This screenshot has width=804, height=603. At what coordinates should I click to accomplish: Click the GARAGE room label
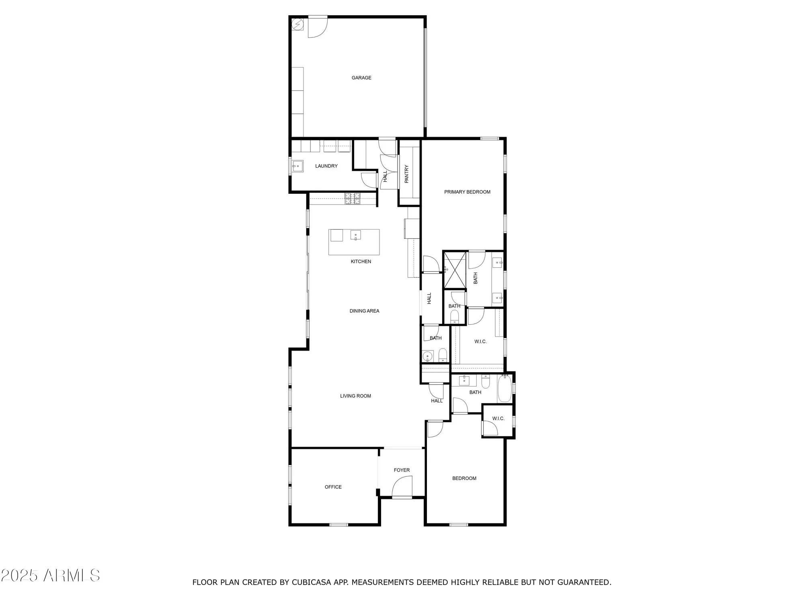tap(361, 78)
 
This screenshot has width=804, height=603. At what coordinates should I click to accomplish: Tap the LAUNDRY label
tap(326, 166)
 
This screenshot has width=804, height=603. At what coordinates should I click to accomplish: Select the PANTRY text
tap(406, 174)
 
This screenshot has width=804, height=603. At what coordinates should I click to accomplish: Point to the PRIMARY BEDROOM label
tap(467, 192)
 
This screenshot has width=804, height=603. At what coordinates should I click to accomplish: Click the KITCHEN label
tap(361, 262)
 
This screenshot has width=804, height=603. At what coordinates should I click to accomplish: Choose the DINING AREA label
tap(364, 311)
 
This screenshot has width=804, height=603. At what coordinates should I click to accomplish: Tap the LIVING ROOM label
tap(355, 396)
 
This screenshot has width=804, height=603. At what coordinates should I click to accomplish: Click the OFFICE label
tap(333, 487)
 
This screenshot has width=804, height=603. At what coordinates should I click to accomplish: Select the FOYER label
tap(402, 470)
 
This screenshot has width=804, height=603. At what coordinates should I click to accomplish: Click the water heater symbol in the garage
tap(297, 25)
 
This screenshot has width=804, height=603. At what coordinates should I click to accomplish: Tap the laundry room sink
tap(297, 166)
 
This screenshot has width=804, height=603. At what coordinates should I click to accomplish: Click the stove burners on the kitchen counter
tap(353, 198)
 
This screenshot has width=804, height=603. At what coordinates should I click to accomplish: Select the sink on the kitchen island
tap(355, 235)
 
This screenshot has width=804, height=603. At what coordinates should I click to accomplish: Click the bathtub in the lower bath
tap(505, 388)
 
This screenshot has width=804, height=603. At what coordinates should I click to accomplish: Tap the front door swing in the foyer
tap(402, 486)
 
